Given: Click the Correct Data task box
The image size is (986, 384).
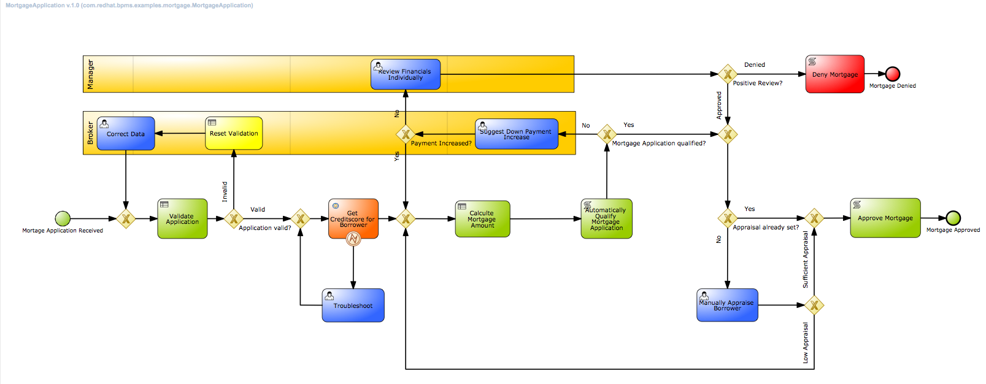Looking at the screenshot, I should point(126,134).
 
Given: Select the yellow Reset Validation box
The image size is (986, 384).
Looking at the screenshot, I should point(234,133).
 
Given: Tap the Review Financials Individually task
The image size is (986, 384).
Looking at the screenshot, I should point(406,74).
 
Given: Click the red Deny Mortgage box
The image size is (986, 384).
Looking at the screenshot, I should point(834,74).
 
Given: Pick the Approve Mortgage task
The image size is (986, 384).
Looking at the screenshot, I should point(885,218).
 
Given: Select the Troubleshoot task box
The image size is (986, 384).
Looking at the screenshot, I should point(353,305).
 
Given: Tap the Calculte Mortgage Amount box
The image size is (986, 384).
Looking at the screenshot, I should point(482,219).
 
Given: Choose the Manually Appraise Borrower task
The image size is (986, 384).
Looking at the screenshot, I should point(727,305).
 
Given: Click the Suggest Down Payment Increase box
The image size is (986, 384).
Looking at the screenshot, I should point(517,134).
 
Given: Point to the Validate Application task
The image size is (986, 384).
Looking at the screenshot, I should point(182,219).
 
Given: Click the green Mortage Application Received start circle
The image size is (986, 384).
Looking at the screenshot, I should point(63,218).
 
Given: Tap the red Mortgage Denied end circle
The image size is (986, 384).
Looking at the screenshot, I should point(893,74).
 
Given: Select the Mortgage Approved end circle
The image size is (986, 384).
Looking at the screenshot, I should point(953,218).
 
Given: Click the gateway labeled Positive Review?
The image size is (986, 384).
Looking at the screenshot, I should point(728,74).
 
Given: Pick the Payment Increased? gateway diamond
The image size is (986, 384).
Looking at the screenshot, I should point(406,134).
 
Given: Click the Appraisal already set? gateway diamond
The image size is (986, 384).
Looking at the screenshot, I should point(728,218).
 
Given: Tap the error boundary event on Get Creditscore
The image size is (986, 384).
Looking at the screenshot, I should point(353,239).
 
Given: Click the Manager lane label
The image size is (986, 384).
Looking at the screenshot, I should point(91,74).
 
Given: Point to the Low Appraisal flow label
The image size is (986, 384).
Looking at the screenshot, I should point(806,343).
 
